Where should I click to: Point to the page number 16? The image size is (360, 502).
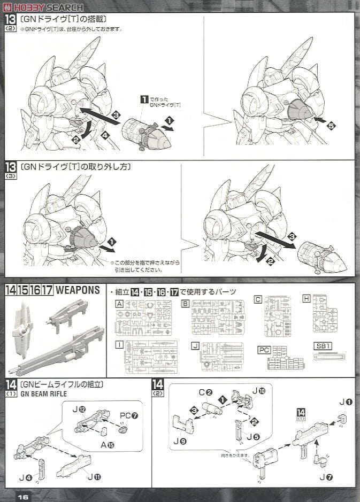click(x=22, y=496)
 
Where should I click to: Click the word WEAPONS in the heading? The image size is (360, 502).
click(x=78, y=290)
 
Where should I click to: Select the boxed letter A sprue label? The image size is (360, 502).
click(x=119, y=303)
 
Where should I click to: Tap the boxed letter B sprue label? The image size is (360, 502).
click(x=185, y=303)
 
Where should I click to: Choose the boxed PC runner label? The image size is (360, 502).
click(x=264, y=350)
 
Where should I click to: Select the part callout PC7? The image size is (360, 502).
click(x=125, y=415)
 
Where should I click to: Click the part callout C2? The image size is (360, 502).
click(x=206, y=393)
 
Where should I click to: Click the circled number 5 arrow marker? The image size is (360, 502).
click(x=331, y=126)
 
